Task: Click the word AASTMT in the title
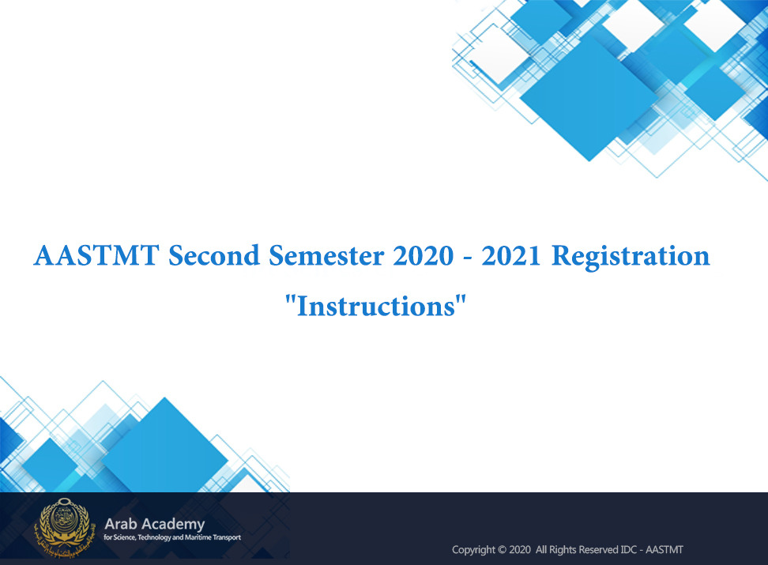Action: (x=96, y=255)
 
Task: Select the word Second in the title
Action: (x=214, y=255)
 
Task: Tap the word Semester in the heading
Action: (x=326, y=255)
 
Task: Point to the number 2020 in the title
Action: (x=424, y=255)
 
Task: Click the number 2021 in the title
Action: (x=511, y=255)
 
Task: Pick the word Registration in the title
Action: (x=631, y=256)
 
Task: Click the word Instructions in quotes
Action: (x=376, y=307)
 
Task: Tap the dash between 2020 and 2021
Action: (x=468, y=258)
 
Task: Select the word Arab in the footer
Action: (x=120, y=524)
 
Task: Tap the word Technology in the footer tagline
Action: (x=154, y=538)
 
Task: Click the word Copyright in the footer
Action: (x=473, y=550)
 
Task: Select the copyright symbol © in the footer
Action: (x=502, y=550)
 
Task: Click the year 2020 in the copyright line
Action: (x=520, y=550)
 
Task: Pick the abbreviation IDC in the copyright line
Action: (x=629, y=550)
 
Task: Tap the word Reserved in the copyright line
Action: (x=599, y=550)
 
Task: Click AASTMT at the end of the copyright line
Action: (x=664, y=550)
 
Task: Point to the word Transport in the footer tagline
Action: (x=227, y=537)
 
